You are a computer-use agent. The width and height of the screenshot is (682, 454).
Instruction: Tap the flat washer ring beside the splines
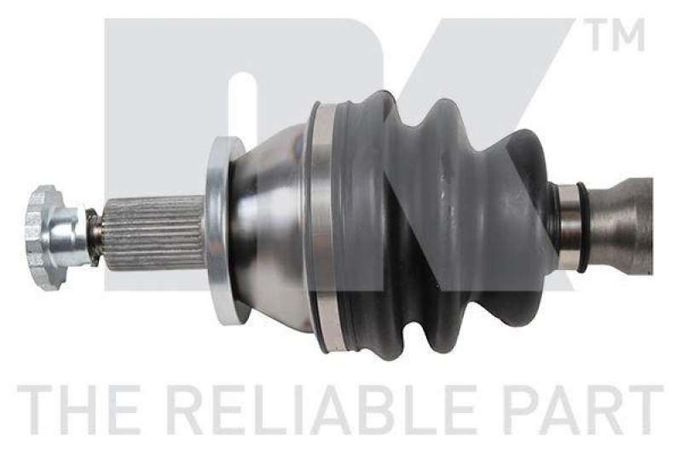(223, 230)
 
